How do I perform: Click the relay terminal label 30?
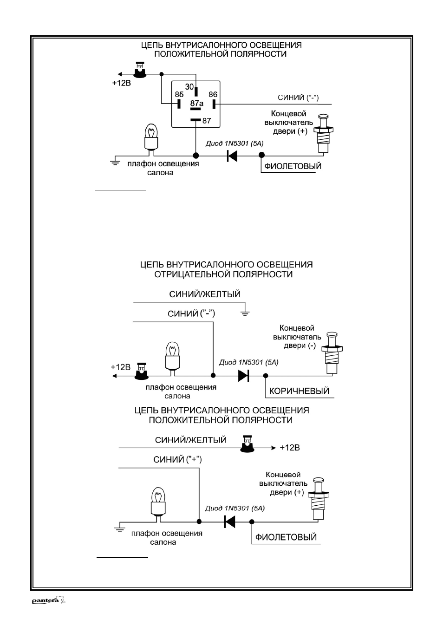pyautogui.click(x=189, y=87)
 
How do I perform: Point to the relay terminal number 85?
pyautogui.click(x=179, y=94)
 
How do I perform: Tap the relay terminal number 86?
pyautogui.click(x=213, y=94)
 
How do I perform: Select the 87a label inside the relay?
pyautogui.click(x=197, y=104)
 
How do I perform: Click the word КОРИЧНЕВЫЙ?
pyautogui.click(x=299, y=391)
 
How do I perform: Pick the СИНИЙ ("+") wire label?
pyautogui.click(x=177, y=459)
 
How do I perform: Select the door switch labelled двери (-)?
pyautogui.click(x=332, y=352)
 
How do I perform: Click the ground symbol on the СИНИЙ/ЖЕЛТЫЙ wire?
pyautogui.click(x=245, y=313)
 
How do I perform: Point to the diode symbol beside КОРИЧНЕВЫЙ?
pyautogui.click(x=243, y=376)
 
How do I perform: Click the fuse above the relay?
pyautogui.click(x=140, y=70)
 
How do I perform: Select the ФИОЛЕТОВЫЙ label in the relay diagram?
pyautogui.click(x=293, y=166)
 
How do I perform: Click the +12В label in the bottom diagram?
pyautogui.click(x=290, y=448)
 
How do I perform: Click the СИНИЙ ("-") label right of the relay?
pyautogui.click(x=298, y=98)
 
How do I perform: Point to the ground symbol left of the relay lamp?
pyautogui.click(x=115, y=163)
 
